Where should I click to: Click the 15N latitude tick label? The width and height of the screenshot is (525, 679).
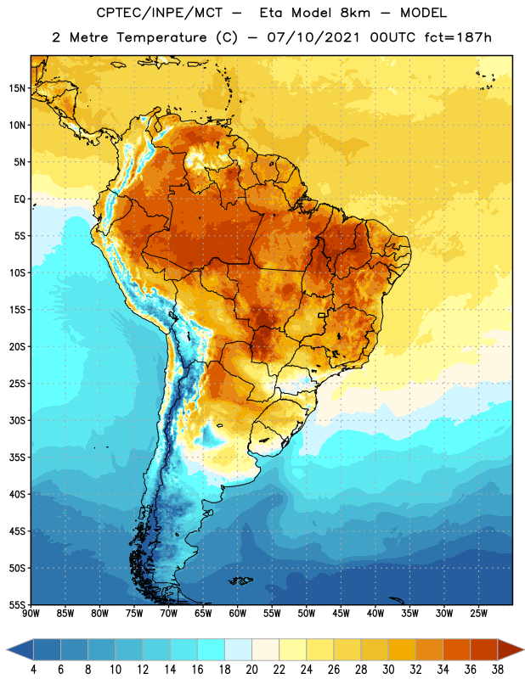click(x=17, y=88)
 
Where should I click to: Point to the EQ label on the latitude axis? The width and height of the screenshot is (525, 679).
click(x=20, y=199)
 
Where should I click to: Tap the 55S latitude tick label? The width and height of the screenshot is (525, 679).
click(x=17, y=605)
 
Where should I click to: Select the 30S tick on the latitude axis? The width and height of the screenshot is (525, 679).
click(x=17, y=420)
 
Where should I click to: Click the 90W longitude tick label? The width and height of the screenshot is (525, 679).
click(x=31, y=614)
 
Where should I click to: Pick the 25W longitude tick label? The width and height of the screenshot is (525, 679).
click(x=478, y=614)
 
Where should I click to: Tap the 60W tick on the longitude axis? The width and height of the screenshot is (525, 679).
click(x=238, y=614)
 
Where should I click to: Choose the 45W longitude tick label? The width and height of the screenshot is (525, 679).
click(x=341, y=614)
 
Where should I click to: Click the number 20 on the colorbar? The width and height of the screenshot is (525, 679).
click(x=251, y=670)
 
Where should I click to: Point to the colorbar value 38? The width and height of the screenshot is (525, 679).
click(x=497, y=670)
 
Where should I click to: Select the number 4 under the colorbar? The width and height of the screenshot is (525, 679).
click(x=33, y=670)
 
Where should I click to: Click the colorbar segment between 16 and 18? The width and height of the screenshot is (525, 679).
click(x=211, y=649)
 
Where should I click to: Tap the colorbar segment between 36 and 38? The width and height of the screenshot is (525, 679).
click(x=484, y=649)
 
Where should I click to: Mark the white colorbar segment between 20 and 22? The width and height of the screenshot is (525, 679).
click(x=265, y=649)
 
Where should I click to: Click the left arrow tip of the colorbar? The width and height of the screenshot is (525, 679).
click(x=8, y=649)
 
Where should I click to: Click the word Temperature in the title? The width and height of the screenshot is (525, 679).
click(x=161, y=37)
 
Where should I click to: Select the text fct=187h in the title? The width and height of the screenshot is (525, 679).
click(x=458, y=37)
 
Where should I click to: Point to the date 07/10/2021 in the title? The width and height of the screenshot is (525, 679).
click(x=313, y=37)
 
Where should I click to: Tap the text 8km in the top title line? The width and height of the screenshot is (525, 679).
click(x=355, y=13)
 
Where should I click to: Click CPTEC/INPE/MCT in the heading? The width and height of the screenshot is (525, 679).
click(x=160, y=13)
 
